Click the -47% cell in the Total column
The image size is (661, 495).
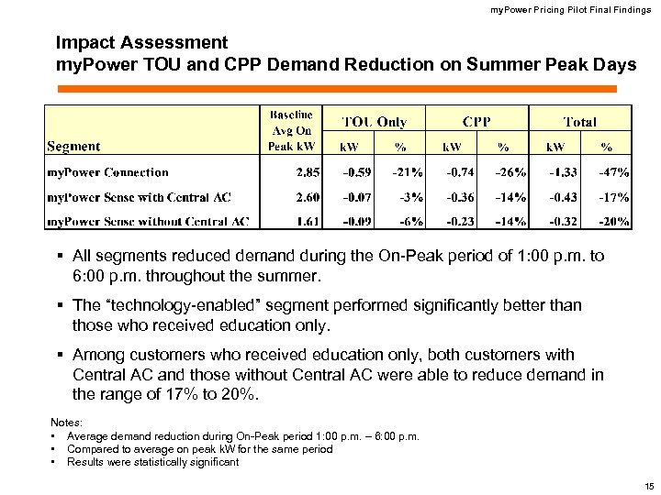point(613,172)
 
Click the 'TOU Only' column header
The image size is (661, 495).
point(374,122)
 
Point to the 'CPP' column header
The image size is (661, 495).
point(476,122)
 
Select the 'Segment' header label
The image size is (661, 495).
point(73,146)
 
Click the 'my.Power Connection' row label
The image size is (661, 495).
point(107,172)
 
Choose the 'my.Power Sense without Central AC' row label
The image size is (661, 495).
point(148,221)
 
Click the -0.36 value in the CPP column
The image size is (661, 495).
point(460,197)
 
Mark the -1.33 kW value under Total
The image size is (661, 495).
point(563,172)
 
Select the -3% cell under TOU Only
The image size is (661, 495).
point(409,197)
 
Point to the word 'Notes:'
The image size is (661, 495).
point(66,422)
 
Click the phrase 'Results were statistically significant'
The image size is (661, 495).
point(152,462)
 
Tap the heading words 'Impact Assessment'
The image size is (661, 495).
point(141,42)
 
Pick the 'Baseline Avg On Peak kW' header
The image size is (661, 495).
point(291,129)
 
